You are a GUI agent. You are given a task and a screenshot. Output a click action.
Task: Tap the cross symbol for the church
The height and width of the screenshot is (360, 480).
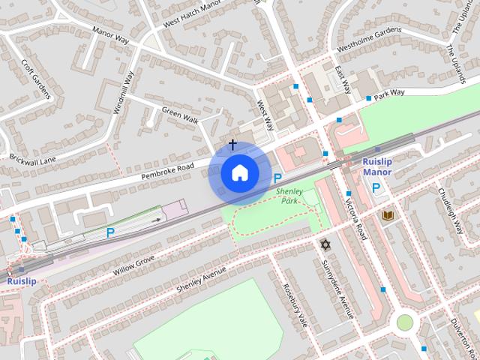[x=232, y=144]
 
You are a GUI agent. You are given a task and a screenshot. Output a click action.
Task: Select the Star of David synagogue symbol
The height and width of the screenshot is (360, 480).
[x=325, y=245]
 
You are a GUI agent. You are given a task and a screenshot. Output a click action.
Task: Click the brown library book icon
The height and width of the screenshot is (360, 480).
[x=388, y=216]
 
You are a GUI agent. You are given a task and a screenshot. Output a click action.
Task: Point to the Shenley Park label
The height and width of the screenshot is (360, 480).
[x=289, y=196]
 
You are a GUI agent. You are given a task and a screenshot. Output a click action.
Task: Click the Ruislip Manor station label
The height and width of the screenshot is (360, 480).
[x=377, y=166]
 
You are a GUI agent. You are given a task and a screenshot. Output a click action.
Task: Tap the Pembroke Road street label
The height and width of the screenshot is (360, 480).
[x=167, y=170]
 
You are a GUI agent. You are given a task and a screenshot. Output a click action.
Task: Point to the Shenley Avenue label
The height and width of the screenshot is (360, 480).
[x=200, y=279]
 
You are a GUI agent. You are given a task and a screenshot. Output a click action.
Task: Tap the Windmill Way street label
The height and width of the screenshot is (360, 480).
[x=124, y=92]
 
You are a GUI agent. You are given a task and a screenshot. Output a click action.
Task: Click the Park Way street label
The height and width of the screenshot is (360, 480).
[x=390, y=93]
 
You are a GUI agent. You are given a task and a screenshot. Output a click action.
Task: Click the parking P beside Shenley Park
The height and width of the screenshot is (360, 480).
[x=278, y=178]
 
